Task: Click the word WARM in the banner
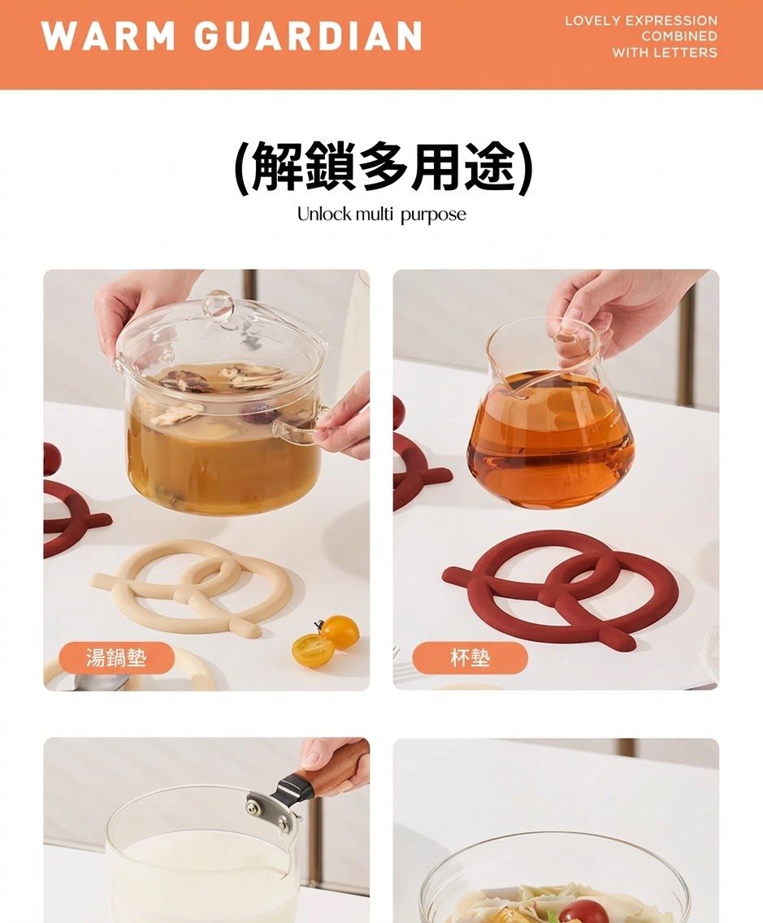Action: pos(108,37)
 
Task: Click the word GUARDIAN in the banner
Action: pos(309,37)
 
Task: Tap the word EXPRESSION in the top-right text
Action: pos(671,20)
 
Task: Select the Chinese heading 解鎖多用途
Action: pos(383,167)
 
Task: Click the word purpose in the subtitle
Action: pos(433,215)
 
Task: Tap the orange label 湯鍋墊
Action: pos(116,657)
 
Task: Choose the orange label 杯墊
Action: pos(469,657)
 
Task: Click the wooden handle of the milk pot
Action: pos(332,766)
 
